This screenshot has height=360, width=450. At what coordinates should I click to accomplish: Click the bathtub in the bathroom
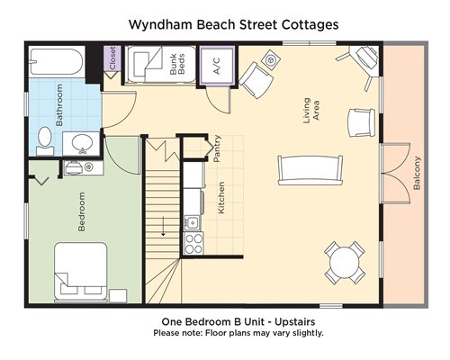pyautogui.click(x=56, y=61)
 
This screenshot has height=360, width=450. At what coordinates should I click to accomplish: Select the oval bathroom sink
pyautogui.click(x=81, y=143)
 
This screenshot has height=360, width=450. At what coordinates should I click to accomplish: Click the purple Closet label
pyautogui.click(x=112, y=58)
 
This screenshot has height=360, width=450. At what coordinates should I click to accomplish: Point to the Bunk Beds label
pyautogui.click(x=177, y=64)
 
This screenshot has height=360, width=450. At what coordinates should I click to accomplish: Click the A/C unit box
pyautogui.click(x=217, y=66)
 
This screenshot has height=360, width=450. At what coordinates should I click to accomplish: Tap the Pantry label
pyautogui.click(x=217, y=148)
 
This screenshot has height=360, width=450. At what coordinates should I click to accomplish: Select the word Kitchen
pyautogui.click(x=221, y=198)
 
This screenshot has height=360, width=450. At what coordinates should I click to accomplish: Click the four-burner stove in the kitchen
pyautogui.click(x=193, y=244)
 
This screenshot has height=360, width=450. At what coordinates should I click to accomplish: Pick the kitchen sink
pyautogui.click(x=192, y=222)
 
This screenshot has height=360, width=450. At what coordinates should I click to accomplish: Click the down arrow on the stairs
pyautogui.click(x=163, y=226)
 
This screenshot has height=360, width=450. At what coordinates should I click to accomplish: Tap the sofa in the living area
pyautogui.click(x=310, y=170)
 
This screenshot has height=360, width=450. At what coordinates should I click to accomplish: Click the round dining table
pyautogui.click(x=345, y=263)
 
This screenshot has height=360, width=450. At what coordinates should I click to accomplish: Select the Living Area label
pyautogui.click(x=311, y=111)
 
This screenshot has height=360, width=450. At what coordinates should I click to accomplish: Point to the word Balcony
pyautogui.click(x=417, y=173)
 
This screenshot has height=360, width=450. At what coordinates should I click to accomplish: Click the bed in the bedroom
pyautogui.click(x=81, y=272)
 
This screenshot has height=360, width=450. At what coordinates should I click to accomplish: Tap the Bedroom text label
pyautogui.click(x=81, y=211)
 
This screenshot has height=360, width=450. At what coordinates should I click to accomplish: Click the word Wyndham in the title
pyautogui.click(x=161, y=24)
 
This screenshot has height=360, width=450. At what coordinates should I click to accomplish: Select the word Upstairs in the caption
pyautogui.click(x=295, y=322)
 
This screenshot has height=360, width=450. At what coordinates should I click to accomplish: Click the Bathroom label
pyautogui.click(x=59, y=105)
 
